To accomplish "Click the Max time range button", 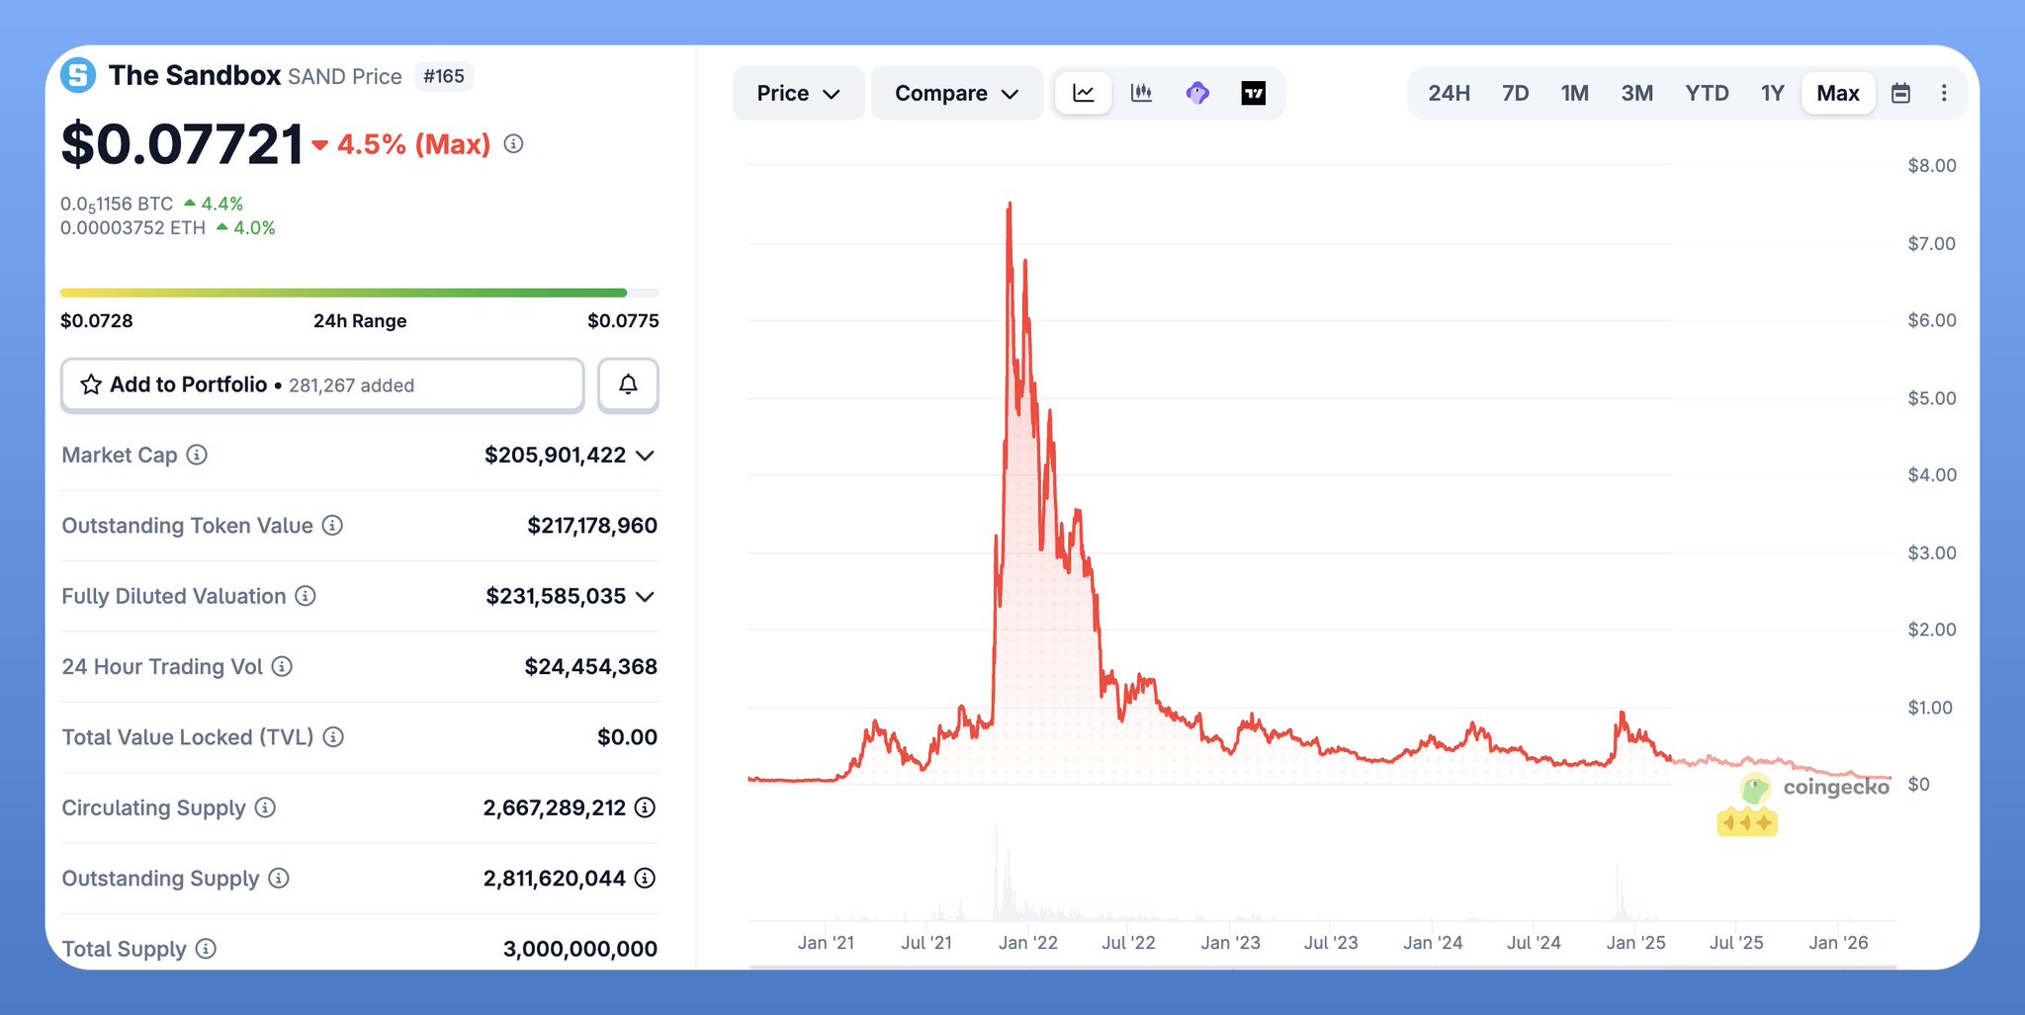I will pos(1837,93).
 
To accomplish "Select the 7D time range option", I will pos(1515,93).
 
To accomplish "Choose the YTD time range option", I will pos(1707,93).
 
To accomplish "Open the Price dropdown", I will pos(798,93).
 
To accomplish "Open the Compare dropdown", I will pos(956,93).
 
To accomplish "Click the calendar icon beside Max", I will pos(1900,93).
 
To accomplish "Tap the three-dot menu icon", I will pos(1944,93).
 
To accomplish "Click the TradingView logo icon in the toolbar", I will pos(1253,93).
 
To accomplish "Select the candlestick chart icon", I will pos(1141,93).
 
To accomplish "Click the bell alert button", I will pos(628,384).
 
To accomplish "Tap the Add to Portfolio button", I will pos(322,384).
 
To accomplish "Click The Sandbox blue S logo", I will pos(78,75).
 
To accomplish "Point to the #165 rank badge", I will pos(444,76).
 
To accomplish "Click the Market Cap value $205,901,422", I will pos(555,455).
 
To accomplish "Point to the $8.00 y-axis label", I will pos(1931,165).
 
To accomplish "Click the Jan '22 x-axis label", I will pos(1027,943).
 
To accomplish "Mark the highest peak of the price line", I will pos(1010,204).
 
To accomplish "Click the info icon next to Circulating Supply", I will pos(265,807).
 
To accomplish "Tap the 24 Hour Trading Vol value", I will pos(590,666).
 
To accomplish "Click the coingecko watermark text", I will pos(1835,787).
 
